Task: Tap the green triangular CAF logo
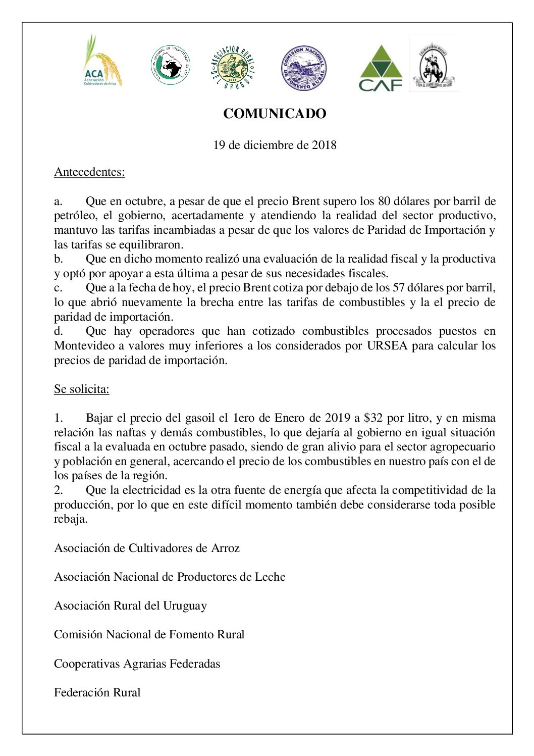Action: coord(381,68)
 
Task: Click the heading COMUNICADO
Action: coord(275,114)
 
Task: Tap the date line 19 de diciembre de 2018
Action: coord(275,145)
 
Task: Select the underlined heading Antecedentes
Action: coord(89,172)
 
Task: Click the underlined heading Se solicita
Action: coord(81,389)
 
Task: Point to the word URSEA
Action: coord(387,346)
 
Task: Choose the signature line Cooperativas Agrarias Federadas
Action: coord(137,664)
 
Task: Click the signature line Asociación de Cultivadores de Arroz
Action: coord(146,548)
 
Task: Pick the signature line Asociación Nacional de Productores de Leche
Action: coord(170,577)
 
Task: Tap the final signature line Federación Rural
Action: coord(97,693)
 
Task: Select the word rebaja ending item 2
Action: coord(70,519)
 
